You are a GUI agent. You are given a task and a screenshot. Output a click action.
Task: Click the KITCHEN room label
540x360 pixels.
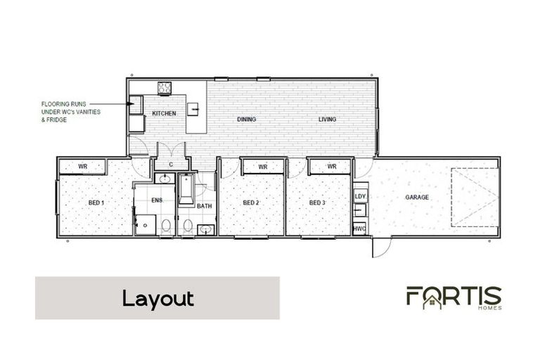pyautogui.click(x=164, y=113)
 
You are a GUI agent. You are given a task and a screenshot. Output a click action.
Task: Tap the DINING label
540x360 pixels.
pyautogui.click(x=246, y=120)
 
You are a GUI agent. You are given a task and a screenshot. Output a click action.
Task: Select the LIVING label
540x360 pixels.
pyautogui.click(x=327, y=120)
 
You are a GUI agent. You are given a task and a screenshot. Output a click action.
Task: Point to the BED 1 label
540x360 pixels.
pyautogui.click(x=96, y=202)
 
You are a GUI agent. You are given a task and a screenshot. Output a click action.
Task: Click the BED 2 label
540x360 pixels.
pyautogui.click(x=251, y=202)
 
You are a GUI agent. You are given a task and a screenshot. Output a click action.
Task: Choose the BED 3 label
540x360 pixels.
pyautogui.click(x=318, y=202)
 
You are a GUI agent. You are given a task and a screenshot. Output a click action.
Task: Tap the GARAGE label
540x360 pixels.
pyautogui.click(x=416, y=198)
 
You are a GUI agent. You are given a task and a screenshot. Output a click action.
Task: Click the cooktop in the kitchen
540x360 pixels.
pyautogui.click(x=165, y=88)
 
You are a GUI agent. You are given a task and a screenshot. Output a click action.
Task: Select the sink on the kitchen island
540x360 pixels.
pyautogui.click(x=198, y=108)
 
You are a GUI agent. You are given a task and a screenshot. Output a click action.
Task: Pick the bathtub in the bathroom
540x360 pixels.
pyautogui.click(x=187, y=188)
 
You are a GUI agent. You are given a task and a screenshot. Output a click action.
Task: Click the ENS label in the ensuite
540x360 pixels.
pyautogui.click(x=157, y=200)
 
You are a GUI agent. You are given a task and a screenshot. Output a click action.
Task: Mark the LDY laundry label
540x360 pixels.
pyautogui.click(x=360, y=196)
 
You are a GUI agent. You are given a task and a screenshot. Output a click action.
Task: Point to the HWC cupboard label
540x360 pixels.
pyautogui.click(x=359, y=229)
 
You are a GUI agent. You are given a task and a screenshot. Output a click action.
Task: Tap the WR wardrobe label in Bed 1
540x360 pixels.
pyautogui.click(x=82, y=167)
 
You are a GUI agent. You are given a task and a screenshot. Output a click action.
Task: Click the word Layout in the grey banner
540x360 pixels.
pyautogui.click(x=157, y=298)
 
